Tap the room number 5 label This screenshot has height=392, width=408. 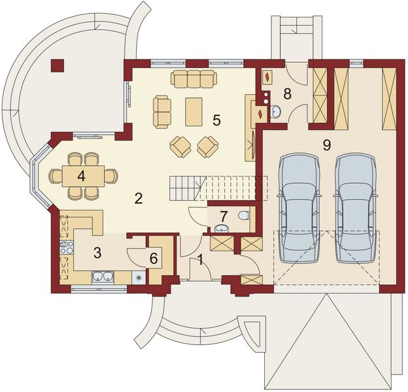pyautogui.click(x=216, y=120)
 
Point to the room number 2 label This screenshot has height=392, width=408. pyautogui.click(x=138, y=199)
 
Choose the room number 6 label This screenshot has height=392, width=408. pyautogui.click(x=154, y=258)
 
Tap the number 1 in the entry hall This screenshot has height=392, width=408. pyautogui.click(x=200, y=259)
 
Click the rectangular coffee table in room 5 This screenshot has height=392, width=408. pyautogui.click(x=194, y=110)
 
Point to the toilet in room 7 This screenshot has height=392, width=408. pyautogui.click(x=244, y=216)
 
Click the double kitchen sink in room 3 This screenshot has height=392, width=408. pyautogui.click(x=103, y=276)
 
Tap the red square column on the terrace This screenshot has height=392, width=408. pyautogui.click(x=58, y=64)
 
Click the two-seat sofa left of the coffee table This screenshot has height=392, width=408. pyautogui.click(x=161, y=110)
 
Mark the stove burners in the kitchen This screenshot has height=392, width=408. pyautogui.click(x=67, y=247)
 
